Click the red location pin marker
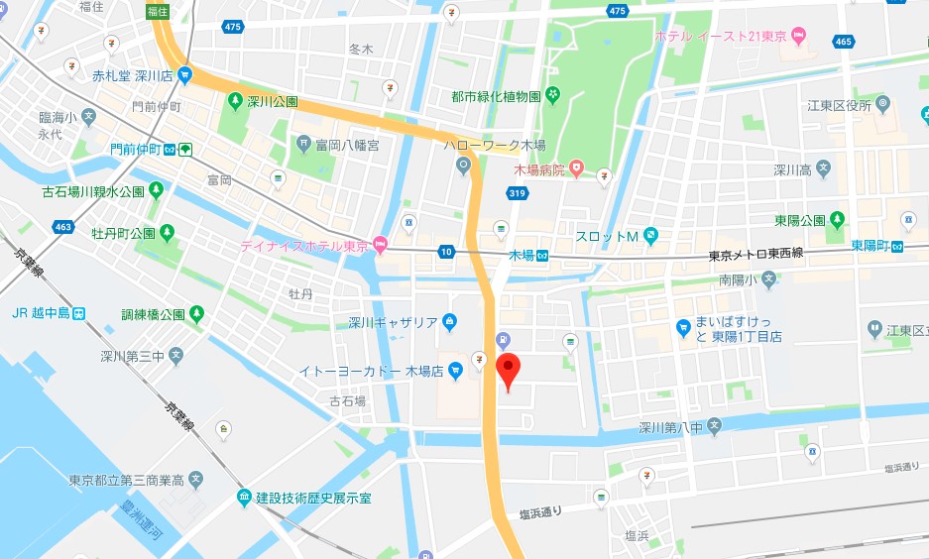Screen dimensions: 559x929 click(x=508, y=371)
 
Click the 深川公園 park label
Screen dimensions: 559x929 click(x=271, y=101)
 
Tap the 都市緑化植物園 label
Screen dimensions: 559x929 click(x=495, y=96)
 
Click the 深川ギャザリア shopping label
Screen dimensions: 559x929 click(x=393, y=321)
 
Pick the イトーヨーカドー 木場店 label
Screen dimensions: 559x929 click(x=372, y=372)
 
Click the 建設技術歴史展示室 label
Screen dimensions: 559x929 click(x=313, y=497)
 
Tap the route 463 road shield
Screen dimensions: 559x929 click(x=64, y=227)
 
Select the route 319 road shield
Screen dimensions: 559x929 click(x=517, y=195)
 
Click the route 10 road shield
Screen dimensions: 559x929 click(x=447, y=252)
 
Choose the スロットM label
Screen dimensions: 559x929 click(x=606, y=236)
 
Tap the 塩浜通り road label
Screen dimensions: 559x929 click(x=540, y=512)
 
